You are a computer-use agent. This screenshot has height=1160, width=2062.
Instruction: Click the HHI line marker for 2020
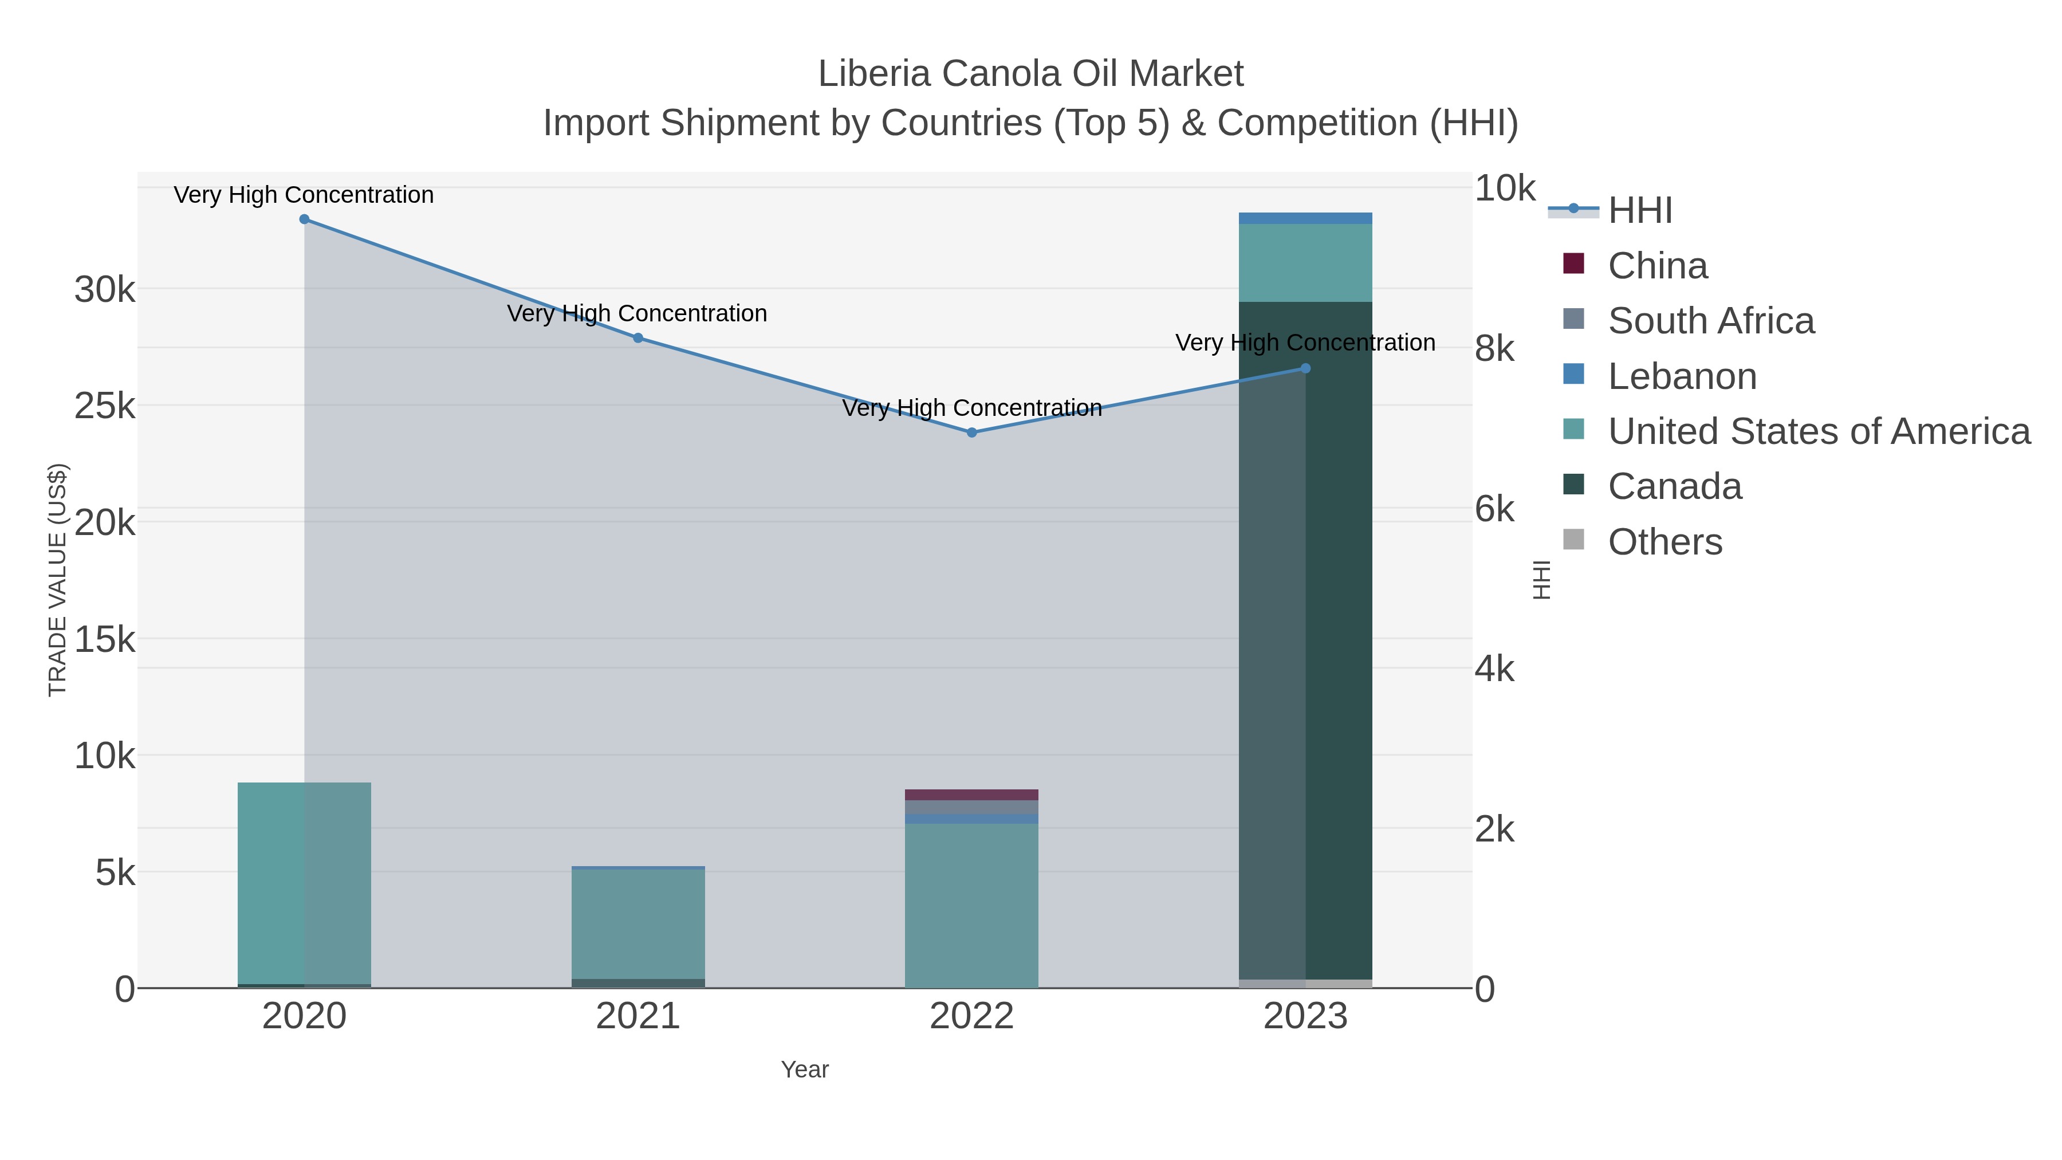tap(304, 219)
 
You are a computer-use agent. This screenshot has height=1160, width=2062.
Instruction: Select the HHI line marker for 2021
tap(638, 338)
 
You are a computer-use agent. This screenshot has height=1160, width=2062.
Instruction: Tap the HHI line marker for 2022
tap(972, 432)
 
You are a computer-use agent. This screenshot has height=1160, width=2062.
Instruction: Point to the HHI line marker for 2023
tap(1305, 368)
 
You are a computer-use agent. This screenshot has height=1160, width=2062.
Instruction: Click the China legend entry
tap(1657, 266)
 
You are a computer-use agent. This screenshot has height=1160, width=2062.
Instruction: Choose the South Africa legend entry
tap(1710, 321)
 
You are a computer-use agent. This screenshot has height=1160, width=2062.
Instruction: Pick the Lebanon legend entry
tap(1682, 376)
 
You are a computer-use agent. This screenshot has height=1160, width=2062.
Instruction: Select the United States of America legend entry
tap(1819, 431)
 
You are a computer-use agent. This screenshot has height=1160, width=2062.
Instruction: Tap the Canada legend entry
tap(1675, 487)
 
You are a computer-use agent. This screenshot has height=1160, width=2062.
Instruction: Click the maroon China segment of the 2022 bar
tap(972, 795)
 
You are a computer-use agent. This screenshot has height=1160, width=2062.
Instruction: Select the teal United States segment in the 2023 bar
tap(1305, 262)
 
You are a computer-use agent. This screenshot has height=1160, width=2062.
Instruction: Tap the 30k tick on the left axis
tap(105, 290)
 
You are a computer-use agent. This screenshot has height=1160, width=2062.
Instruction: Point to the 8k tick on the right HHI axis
tap(1494, 349)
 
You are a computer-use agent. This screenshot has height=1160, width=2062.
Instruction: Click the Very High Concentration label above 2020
tap(304, 195)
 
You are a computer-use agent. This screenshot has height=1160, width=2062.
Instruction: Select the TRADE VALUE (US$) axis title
tap(58, 580)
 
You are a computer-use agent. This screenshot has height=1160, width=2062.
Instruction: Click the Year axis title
tap(805, 1069)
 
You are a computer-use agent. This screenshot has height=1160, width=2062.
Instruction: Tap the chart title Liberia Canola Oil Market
tap(1030, 74)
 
